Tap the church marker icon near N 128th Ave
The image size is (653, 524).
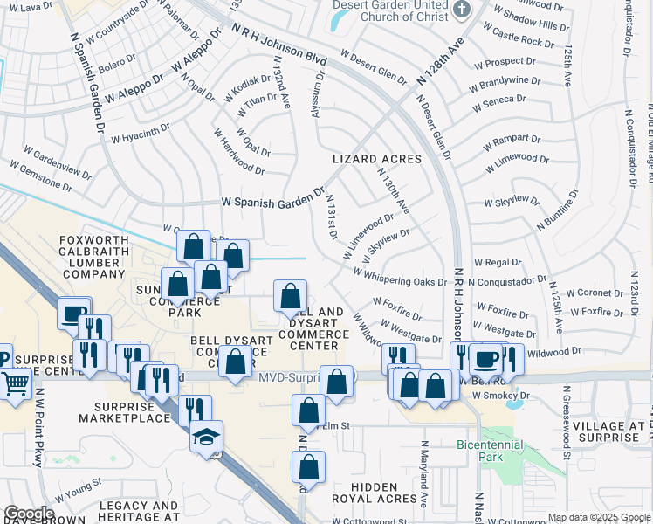pos(463,10)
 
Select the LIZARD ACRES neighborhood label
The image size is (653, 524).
pos(377,160)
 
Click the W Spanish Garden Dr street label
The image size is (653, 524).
pos(273,200)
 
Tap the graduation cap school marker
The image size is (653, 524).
pos(206,436)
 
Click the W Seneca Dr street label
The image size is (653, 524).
pos(501,104)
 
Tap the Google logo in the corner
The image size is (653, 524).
pos(29,514)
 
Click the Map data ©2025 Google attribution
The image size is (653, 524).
pos(598,517)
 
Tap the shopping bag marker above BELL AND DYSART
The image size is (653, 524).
pos(290,296)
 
